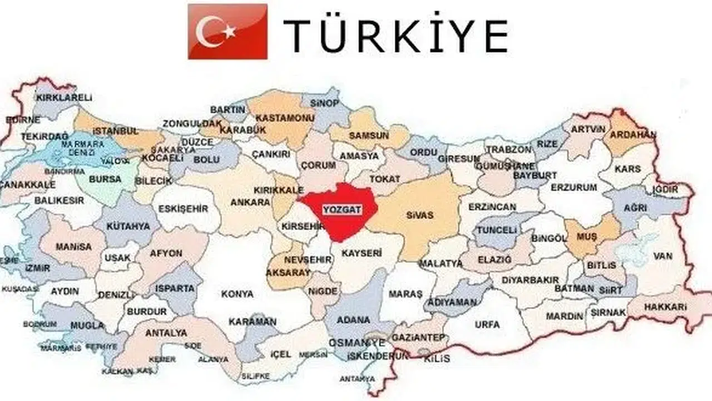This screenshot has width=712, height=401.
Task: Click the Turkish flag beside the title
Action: [228, 31]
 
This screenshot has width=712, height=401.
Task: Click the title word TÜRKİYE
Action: [395, 36]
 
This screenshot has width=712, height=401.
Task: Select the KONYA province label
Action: [237, 294]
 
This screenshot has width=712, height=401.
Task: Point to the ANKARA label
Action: [250, 202]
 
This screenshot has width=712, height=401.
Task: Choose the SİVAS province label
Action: [419, 214]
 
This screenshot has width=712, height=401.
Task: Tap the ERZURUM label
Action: [573, 188]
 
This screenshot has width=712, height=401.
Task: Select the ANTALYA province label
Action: [166, 333]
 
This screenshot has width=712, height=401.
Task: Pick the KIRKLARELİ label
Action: [64, 97]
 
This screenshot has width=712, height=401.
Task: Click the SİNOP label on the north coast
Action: [325, 103]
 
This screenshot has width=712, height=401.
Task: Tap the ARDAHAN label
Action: [632, 135]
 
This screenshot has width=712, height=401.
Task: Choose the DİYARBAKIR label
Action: [530, 280]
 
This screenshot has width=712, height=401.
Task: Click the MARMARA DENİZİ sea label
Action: [83, 148]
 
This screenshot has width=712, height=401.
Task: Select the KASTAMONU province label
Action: [285, 118]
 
